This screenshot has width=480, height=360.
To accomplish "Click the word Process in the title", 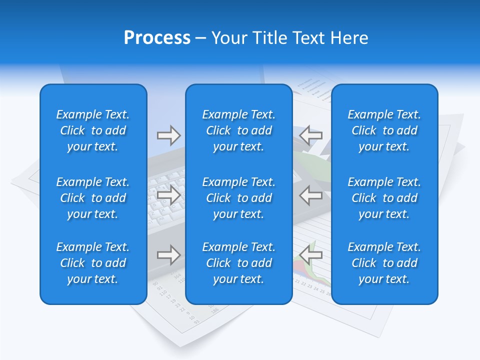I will tap(157, 38).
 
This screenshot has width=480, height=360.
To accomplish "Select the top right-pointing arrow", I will tap(168, 135).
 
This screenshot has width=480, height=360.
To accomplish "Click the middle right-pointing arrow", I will tap(168, 195).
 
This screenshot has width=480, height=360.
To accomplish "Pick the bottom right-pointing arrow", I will tap(168, 255).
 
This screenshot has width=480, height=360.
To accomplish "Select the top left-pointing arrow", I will tap(311, 134).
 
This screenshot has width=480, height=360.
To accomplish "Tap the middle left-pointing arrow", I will tap(311, 195).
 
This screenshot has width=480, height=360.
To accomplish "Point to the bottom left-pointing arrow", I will tap(311, 255).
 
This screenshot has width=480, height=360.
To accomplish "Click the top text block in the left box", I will tap(93, 130).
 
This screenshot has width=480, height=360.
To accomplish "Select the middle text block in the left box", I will tap(93, 198).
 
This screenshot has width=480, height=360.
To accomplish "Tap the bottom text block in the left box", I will tap(93, 263).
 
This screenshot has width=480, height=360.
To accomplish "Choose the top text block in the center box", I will tap(238, 130).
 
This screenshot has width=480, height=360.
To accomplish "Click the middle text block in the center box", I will tap(238, 198).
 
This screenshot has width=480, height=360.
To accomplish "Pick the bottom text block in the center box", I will tap(238, 263).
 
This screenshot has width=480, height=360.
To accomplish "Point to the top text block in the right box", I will tap(384, 130).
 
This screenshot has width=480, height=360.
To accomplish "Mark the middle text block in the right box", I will tap(384, 198).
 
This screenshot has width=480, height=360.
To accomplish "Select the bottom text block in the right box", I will tap(384, 263).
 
